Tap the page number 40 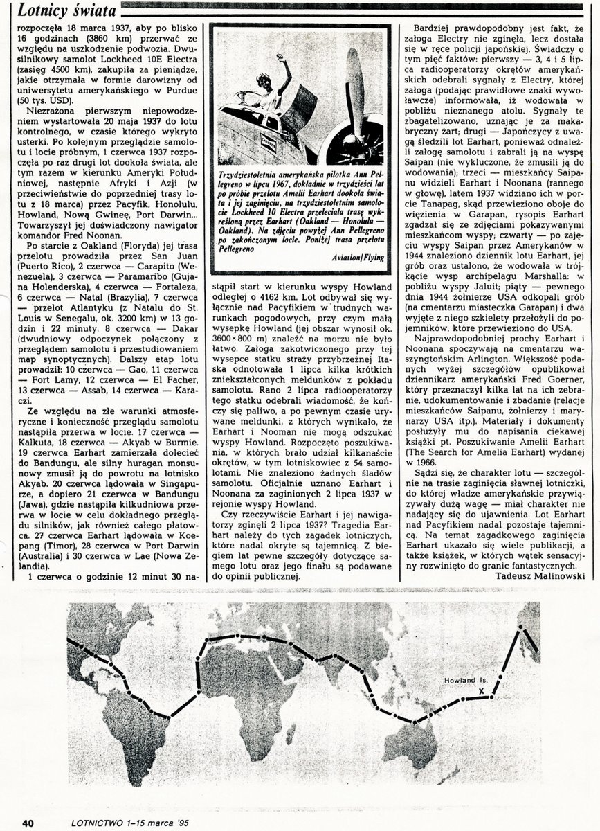click(x=28, y=822)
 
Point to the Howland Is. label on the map click(x=466, y=680)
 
